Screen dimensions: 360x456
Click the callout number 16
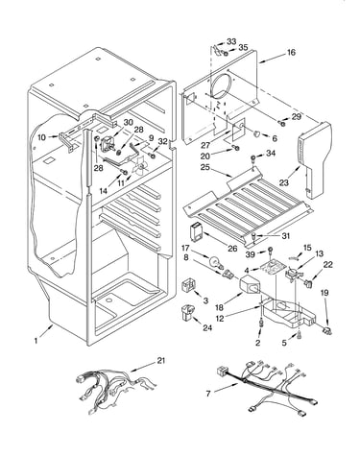(x=291, y=52)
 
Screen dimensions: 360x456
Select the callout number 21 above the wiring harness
(x=160, y=361)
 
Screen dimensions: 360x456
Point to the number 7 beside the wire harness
(x=208, y=394)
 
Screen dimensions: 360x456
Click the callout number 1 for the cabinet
(x=36, y=341)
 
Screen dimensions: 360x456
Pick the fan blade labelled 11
(x=140, y=165)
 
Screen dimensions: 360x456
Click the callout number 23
(x=284, y=182)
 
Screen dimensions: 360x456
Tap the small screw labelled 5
(x=299, y=335)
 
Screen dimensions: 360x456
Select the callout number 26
(x=232, y=249)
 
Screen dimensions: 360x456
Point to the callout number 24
(x=207, y=328)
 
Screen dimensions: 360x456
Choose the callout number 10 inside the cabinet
(x=42, y=137)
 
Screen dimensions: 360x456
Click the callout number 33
(x=231, y=41)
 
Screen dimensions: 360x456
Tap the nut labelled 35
(x=226, y=53)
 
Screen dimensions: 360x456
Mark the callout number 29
(x=297, y=117)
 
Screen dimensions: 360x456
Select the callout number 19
(x=324, y=293)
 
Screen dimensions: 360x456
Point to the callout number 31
(x=285, y=236)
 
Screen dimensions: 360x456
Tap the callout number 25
(x=205, y=167)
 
